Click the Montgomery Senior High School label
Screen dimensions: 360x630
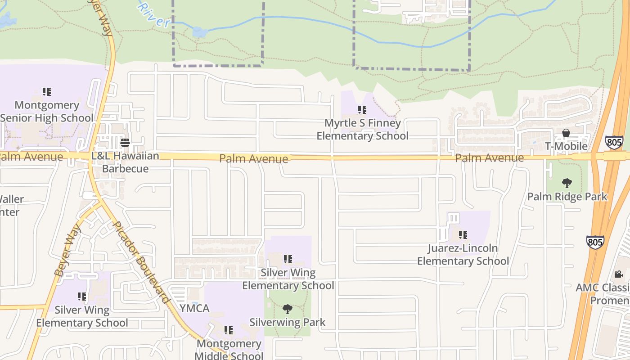(x=47, y=112)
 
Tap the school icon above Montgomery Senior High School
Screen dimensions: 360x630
(x=47, y=92)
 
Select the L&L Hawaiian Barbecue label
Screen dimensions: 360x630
(x=125, y=162)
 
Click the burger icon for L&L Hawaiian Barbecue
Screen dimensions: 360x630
(x=125, y=143)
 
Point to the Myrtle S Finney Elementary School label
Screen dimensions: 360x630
(x=363, y=130)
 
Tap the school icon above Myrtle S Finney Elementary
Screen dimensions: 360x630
(x=362, y=109)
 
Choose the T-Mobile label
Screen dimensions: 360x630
(x=566, y=146)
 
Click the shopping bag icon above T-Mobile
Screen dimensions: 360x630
(x=566, y=133)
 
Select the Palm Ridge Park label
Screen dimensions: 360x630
(x=567, y=197)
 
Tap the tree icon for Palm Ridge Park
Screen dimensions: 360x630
(x=567, y=183)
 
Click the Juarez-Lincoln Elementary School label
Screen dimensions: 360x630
(x=463, y=255)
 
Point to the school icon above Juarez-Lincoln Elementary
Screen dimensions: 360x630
(x=463, y=234)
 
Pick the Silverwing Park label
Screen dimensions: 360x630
(x=288, y=322)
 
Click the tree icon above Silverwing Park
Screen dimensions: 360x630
(x=288, y=309)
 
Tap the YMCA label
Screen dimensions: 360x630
(x=194, y=308)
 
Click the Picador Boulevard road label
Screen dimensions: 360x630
(x=141, y=262)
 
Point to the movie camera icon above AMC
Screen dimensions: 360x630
(x=618, y=274)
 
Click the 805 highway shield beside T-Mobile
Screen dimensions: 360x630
(x=614, y=143)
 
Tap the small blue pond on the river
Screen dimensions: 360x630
(x=200, y=32)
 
